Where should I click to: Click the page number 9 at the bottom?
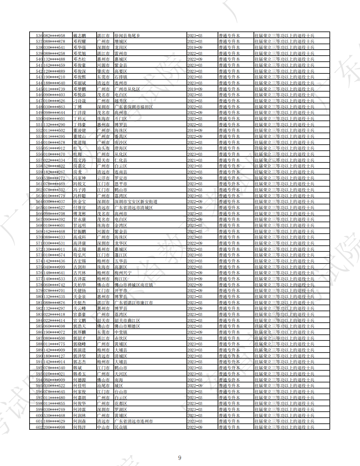(x=180, y=458)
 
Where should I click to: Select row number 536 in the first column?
(x=39, y=36)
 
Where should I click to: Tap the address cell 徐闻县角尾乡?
(x=127, y=36)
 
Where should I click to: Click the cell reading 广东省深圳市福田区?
(x=133, y=107)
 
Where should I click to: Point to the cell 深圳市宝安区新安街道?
(x=136, y=202)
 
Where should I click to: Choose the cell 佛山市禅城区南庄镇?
(x=133, y=285)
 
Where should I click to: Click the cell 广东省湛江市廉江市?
(x=133, y=303)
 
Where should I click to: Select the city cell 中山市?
(x=103, y=427)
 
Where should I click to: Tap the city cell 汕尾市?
(x=103, y=386)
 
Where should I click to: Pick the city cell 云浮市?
(x=103, y=178)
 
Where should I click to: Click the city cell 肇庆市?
(x=103, y=71)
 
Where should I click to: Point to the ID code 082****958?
(x=54, y=36)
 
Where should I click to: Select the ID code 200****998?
(x=54, y=427)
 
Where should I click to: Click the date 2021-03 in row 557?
(x=195, y=160)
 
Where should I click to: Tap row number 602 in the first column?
(x=39, y=427)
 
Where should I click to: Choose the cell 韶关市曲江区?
(x=127, y=320)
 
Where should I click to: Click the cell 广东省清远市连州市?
(x=133, y=421)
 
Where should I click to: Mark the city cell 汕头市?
(x=103, y=148)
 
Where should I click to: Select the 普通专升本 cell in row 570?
(x=229, y=237)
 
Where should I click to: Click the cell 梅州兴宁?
(x=123, y=273)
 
